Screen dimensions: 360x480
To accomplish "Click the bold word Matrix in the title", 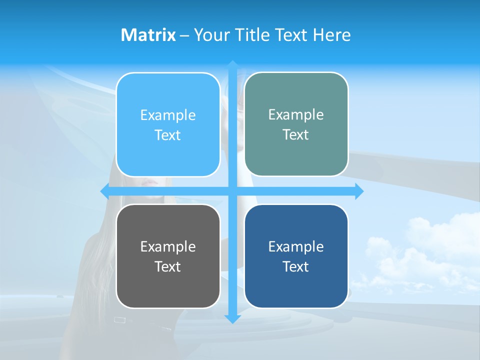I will coord(148,35).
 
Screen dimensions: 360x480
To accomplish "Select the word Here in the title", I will coord(332,35).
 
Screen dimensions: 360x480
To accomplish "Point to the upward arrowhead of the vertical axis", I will coord(232,64).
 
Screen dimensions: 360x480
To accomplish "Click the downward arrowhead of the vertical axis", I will coord(232,318).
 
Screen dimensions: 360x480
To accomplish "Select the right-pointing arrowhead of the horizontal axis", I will coord(359,191).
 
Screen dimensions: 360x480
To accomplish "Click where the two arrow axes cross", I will coord(232,191).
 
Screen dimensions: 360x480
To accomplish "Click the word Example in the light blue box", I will coord(168,115).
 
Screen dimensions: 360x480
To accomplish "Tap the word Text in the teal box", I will coord(296,135).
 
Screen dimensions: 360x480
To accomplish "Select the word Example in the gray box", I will coord(168,246).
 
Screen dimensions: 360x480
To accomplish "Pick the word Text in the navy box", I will coord(296,266).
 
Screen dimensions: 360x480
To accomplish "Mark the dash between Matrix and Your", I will coord(184,35).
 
